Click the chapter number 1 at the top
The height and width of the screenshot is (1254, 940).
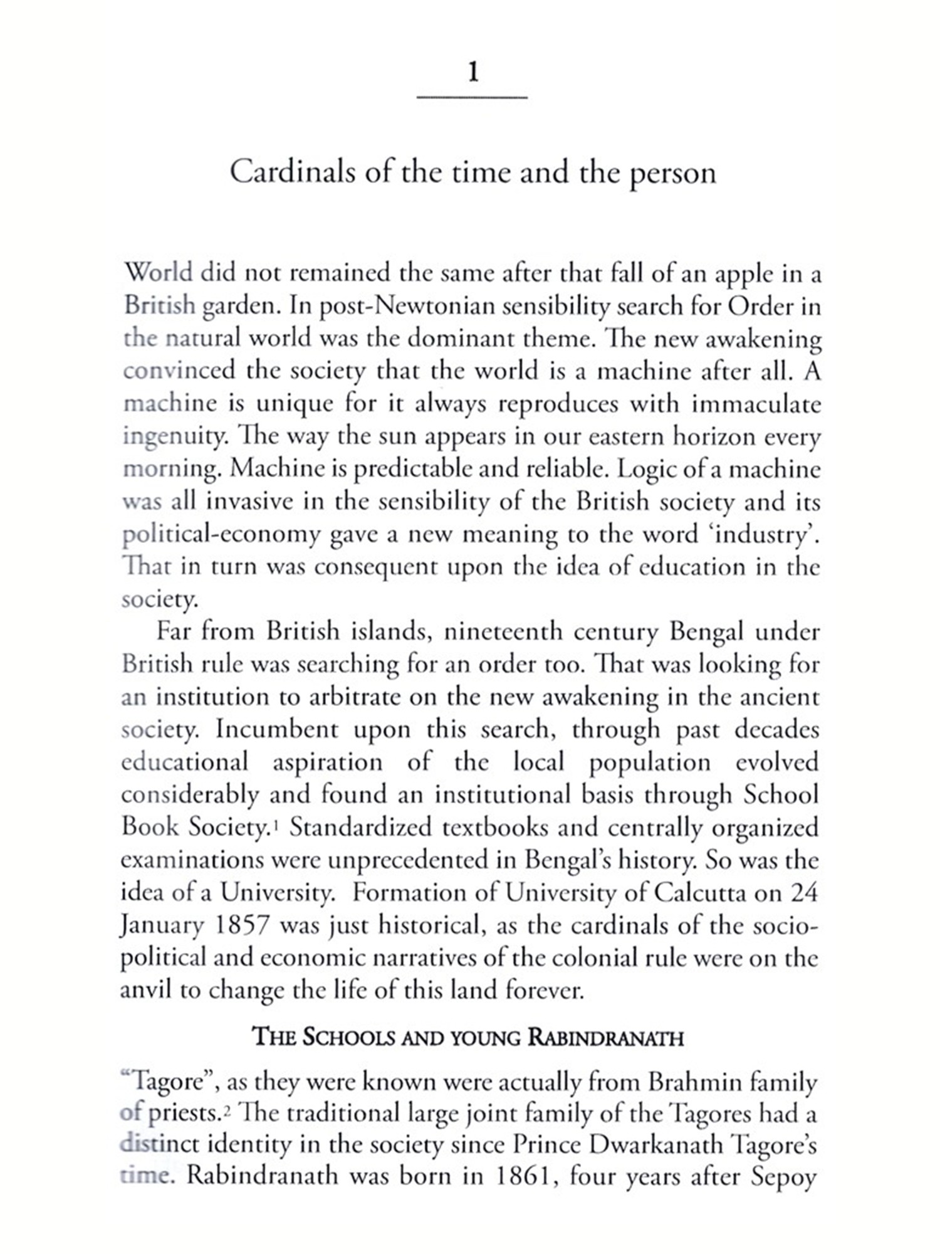pyautogui.click(x=473, y=73)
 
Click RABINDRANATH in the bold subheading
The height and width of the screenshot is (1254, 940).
pyautogui.click(x=605, y=1038)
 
